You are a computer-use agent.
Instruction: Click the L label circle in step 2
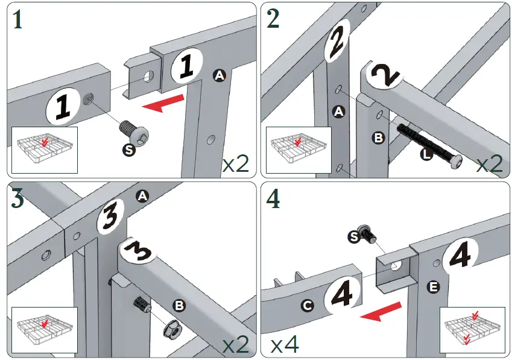point(426,154)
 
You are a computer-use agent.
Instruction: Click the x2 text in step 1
point(235,163)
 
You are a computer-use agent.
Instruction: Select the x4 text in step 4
point(285,345)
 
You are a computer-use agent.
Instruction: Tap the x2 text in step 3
point(235,344)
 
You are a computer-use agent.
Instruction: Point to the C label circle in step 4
point(307,306)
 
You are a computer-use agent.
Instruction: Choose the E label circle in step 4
point(432,287)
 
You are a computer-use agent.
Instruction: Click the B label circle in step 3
point(179,306)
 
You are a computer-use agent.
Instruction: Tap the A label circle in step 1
point(219,75)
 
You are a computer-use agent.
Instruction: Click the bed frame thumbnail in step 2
point(299,148)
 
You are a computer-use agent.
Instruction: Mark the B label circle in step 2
point(378,138)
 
